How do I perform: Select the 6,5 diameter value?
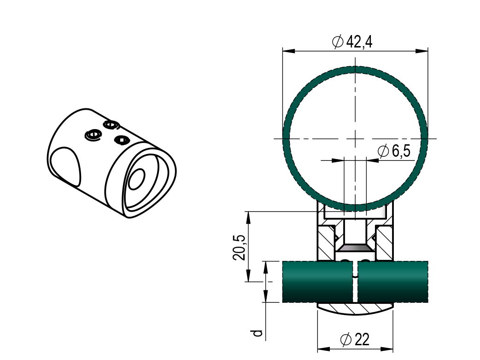point(401,151)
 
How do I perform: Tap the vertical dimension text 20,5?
point(239,247)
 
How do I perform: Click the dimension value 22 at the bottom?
point(362,340)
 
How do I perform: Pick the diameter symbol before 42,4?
point(338,42)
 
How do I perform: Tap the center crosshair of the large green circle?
point(355,138)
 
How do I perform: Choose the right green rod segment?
point(392,282)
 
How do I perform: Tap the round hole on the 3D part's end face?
point(136,179)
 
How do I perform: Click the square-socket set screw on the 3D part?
point(122,139)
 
